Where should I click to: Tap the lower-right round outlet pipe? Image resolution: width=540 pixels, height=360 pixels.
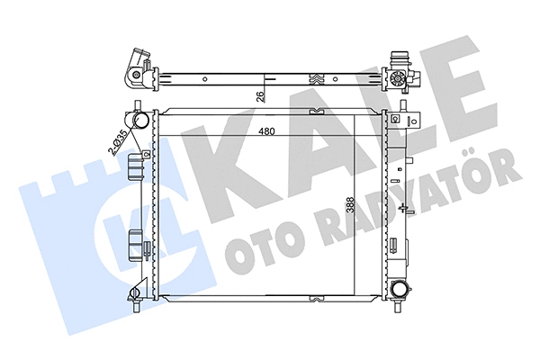[x=400, y=290]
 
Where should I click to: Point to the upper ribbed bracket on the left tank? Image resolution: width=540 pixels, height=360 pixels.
[x=136, y=166]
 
